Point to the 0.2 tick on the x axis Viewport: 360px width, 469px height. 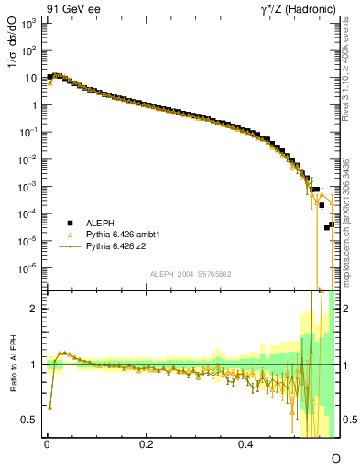click(147, 445)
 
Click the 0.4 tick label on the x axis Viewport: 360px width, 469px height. click(245, 445)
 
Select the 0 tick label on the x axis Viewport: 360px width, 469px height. click(47, 445)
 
